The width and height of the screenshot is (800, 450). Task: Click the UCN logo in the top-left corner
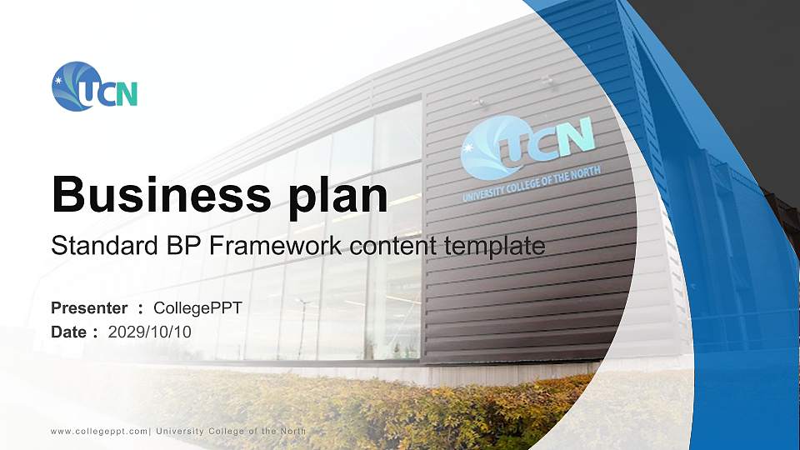tap(93, 87)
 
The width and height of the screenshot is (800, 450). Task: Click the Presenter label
tap(89, 308)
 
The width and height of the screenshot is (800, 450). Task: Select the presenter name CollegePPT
tap(197, 308)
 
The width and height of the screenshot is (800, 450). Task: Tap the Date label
tap(69, 332)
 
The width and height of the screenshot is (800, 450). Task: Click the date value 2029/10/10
tap(150, 332)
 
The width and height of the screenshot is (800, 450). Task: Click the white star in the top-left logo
tap(58, 80)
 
